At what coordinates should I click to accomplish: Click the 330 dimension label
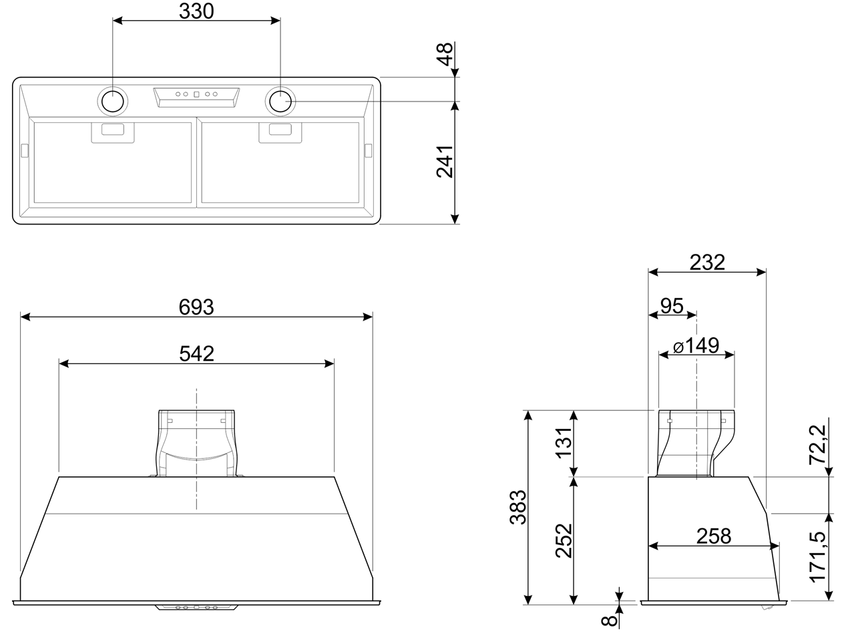coord(196,11)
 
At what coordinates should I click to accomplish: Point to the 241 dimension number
coord(445,162)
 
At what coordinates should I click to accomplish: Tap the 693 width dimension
coord(196,307)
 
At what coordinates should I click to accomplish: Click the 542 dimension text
coord(196,354)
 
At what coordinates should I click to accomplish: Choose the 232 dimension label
coord(707,263)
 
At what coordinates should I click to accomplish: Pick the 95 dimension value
coord(672,306)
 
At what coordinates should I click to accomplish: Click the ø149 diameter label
coord(696,346)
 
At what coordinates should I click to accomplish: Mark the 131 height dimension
coord(564,442)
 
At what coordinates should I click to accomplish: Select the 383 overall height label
coord(518,507)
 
